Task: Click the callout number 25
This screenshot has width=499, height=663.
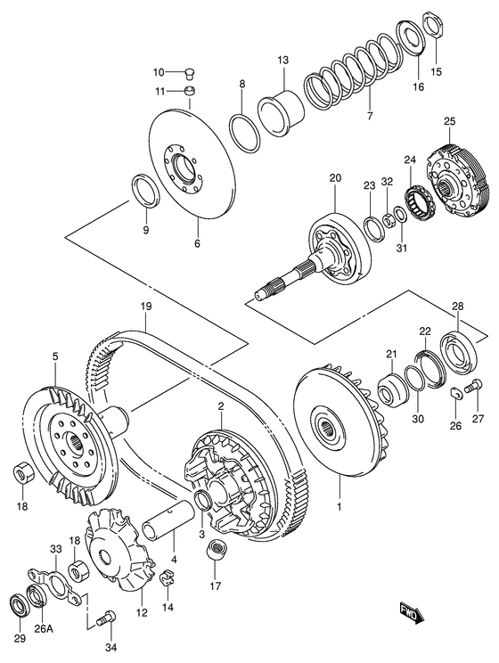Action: coord(450,121)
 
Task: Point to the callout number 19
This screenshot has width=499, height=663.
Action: coord(145,306)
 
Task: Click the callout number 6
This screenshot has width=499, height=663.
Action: coord(197,241)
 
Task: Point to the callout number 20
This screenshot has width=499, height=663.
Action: coord(335,178)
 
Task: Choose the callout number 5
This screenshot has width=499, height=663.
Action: coord(54,356)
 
